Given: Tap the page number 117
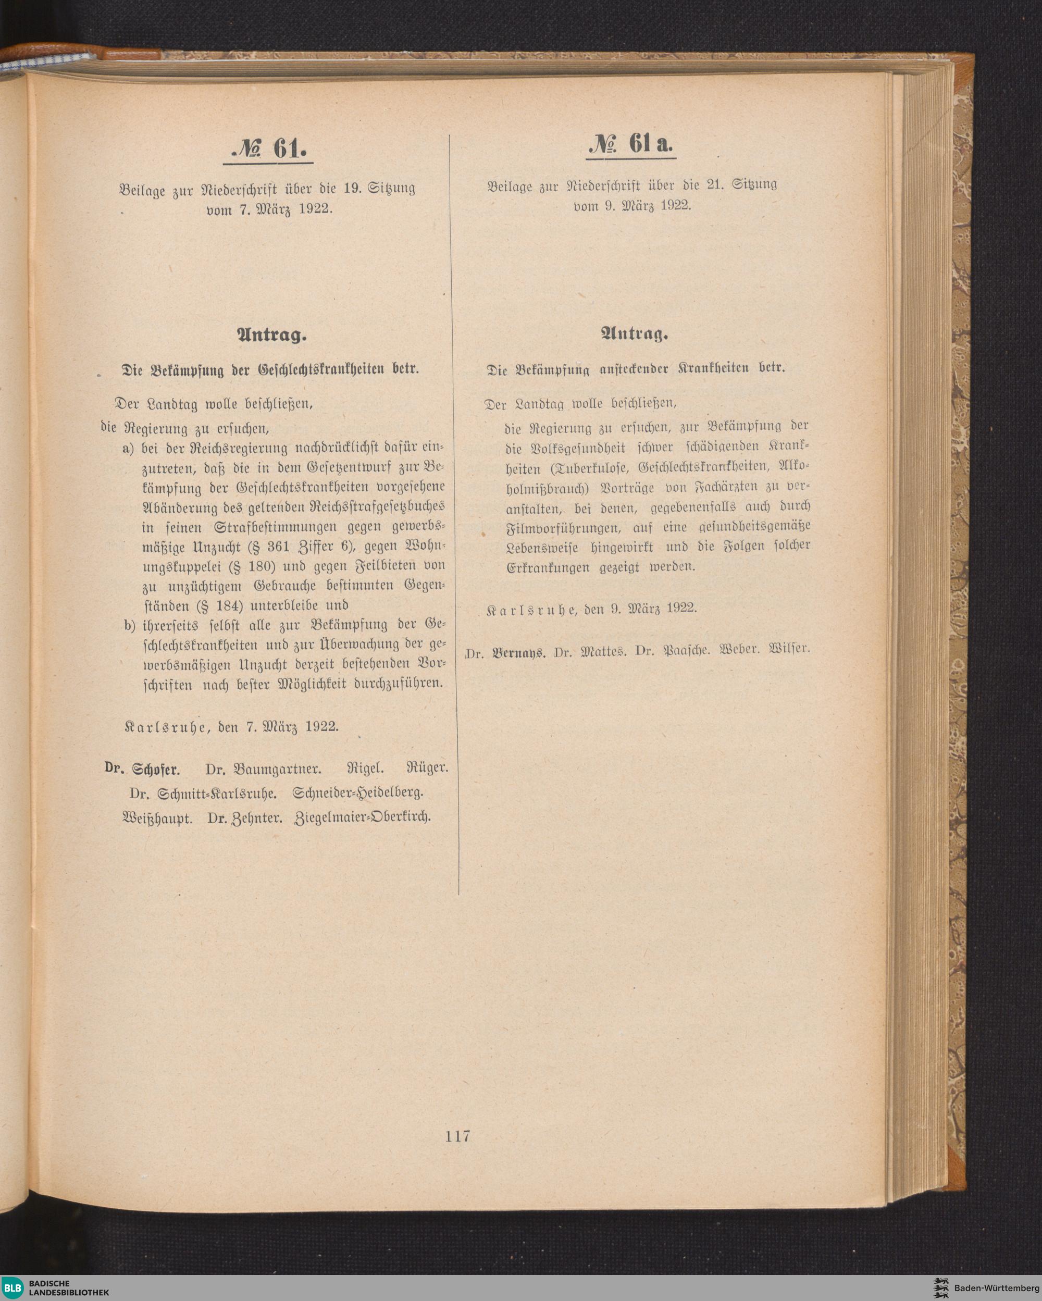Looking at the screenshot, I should tap(458, 1136).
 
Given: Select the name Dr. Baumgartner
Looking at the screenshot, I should tap(264, 770).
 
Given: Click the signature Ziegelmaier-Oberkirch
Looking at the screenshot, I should tap(363, 818).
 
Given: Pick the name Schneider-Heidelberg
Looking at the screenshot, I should tap(357, 794).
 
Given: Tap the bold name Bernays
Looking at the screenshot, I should tap(519, 652).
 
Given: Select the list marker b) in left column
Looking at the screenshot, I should tap(129, 625).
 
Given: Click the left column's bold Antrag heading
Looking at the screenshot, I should tap(272, 336).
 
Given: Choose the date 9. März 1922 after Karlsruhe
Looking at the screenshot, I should tap(653, 608).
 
